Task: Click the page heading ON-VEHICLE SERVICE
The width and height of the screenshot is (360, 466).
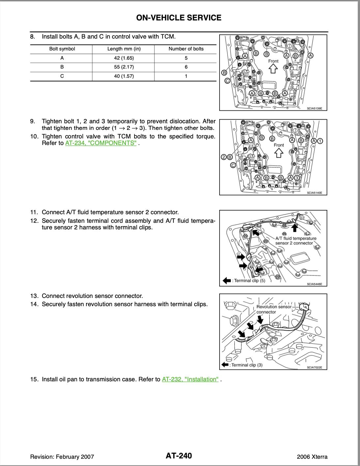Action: click(179, 18)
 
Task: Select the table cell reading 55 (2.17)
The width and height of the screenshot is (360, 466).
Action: click(124, 67)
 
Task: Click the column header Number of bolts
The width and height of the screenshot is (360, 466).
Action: click(186, 49)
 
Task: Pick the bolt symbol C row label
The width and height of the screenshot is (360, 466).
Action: click(62, 76)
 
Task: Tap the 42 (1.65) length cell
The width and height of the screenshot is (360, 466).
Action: click(124, 58)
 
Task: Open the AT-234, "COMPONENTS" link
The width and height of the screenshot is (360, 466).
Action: click(101, 143)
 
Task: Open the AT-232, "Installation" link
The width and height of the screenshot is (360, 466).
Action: click(190, 379)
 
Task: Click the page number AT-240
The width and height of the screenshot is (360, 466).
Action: click(179, 456)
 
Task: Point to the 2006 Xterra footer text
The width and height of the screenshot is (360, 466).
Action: click(312, 457)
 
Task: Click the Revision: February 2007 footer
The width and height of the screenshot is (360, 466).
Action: click(62, 457)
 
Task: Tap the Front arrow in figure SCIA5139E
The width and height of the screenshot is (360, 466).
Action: click(273, 69)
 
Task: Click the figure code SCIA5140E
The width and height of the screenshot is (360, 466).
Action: click(314, 193)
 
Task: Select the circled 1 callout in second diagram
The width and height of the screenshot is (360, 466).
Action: click(320, 141)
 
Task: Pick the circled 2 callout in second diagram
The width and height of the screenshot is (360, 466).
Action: click(224, 157)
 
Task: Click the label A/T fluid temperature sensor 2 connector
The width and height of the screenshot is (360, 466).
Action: click(296, 241)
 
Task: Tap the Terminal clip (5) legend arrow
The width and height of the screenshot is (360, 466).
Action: click(227, 281)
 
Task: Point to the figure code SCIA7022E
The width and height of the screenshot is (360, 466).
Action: click(314, 367)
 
